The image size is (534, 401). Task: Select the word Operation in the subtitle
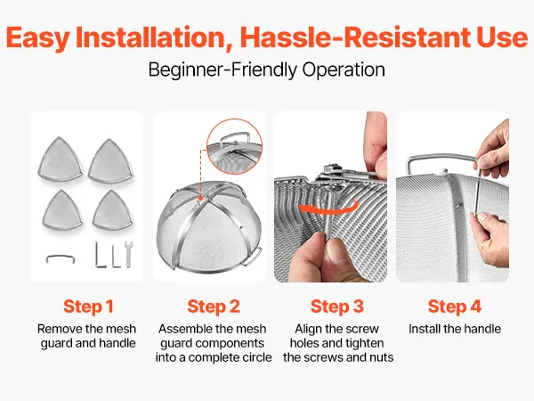[344, 70]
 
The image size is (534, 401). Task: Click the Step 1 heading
[88, 307]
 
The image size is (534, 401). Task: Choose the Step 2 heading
[214, 307]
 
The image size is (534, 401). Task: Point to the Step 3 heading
[337, 307]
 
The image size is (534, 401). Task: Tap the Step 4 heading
[455, 307]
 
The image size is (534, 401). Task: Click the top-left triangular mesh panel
[61, 159]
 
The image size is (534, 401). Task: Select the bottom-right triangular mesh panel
[113, 210]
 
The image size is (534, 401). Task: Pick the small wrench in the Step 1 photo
[128, 254]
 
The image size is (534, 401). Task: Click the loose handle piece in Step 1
[61, 258]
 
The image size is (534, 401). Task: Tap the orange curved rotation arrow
[328, 208]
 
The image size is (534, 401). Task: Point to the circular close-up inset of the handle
[235, 147]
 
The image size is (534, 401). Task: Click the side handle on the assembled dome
[253, 256]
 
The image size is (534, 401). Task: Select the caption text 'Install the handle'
[455, 329]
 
